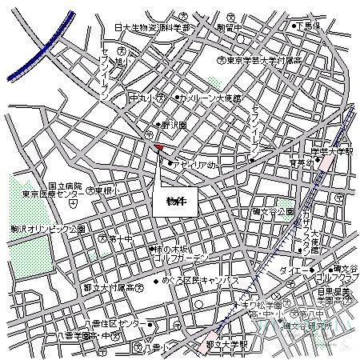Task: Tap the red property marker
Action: point(158,147)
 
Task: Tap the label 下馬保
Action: point(308,26)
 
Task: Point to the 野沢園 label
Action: point(170,126)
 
